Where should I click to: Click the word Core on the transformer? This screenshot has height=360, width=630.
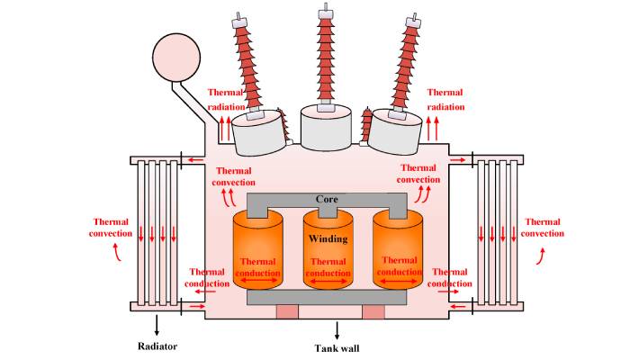pos(325,198)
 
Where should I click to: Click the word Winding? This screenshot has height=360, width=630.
pos(326,238)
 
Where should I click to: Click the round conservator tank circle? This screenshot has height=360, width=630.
pos(177,57)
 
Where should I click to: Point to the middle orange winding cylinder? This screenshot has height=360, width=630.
pos(326,256)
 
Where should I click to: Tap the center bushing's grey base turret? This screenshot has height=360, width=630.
pos(325,126)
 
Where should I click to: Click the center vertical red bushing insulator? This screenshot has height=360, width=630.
pos(325,54)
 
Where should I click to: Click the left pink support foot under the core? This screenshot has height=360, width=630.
pos(286,311)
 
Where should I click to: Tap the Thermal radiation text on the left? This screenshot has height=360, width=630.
pos(226,99)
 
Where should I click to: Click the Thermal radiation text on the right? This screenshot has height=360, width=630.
pos(445,99)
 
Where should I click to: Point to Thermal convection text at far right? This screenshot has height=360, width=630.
pos(544,227)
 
